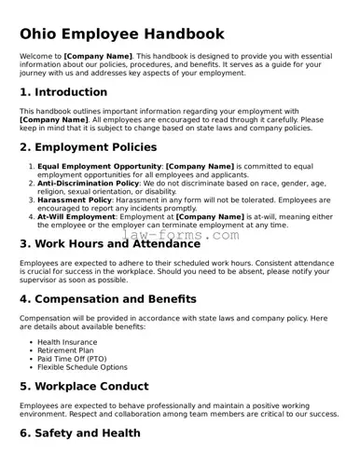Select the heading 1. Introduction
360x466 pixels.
tap(63, 92)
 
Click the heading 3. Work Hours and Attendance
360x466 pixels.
tap(110, 244)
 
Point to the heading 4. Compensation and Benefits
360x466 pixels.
tap(108, 299)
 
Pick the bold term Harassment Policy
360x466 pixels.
tap(75, 199)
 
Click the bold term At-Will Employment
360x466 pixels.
tap(76, 216)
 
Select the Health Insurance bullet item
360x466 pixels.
tap(68, 342)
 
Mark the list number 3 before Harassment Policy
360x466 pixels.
tap(31, 199)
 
